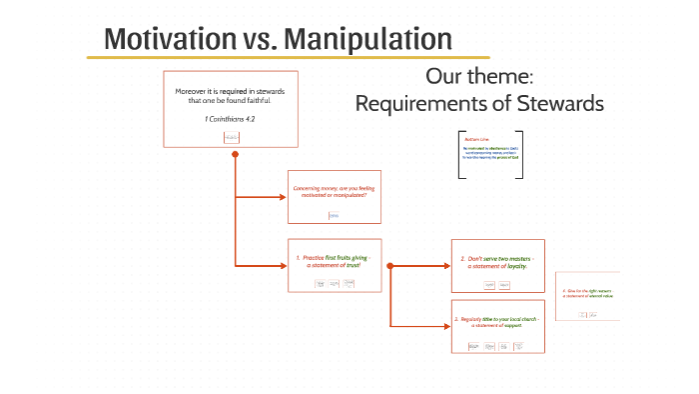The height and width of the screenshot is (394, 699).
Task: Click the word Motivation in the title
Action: [x=166, y=39]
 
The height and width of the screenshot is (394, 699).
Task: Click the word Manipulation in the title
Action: [x=368, y=39]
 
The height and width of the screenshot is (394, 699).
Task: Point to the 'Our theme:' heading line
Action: [x=482, y=77]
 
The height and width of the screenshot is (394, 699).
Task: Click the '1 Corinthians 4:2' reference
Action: [x=231, y=119]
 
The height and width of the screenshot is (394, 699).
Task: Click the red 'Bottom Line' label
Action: [x=477, y=139]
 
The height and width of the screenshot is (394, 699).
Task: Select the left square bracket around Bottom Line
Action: [x=460, y=155]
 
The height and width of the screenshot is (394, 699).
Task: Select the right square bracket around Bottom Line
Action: [x=519, y=155]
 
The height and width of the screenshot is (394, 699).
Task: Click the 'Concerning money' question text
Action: [x=331, y=191]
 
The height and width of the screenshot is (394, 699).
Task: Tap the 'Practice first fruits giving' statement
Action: [x=333, y=261]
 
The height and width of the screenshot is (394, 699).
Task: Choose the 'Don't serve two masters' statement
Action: [x=496, y=261]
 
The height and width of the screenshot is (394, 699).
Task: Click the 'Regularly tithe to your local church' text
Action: [x=496, y=321]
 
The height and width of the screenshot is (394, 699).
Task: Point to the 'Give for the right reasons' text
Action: [x=587, y=293]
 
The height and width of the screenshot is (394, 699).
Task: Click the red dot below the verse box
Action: [x=234, y=156]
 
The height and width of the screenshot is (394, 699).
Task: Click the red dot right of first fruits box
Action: [x=389, y=266]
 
